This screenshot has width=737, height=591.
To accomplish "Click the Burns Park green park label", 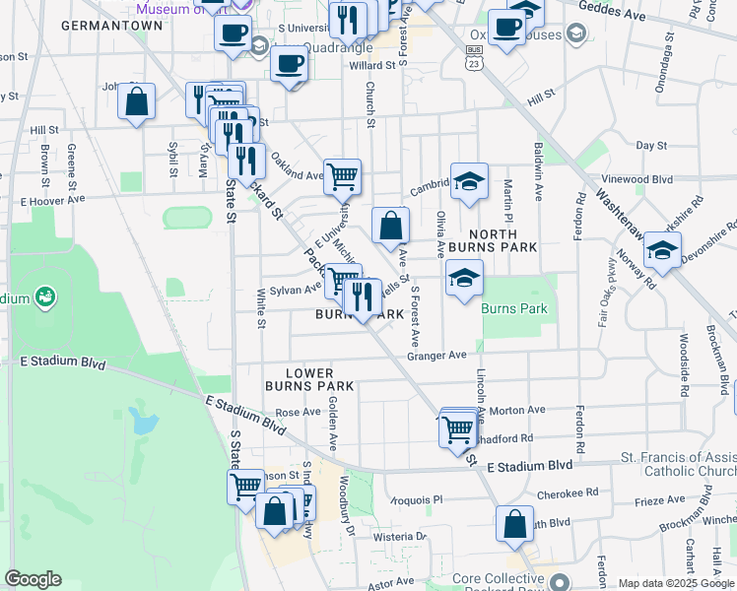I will click(x=513, y=308).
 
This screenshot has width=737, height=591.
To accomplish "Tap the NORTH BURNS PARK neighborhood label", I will click(x=482, y=239).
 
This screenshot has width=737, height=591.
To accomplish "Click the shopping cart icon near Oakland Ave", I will click(x=342, y=177).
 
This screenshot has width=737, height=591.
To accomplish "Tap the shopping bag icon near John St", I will click(x=136, y=101).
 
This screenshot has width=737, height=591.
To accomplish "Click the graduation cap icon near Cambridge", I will click(x=470, y=181).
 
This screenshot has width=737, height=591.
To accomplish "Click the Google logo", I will click(x=33, y=579).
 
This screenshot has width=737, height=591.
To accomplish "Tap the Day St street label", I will click(x=651, y=145).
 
